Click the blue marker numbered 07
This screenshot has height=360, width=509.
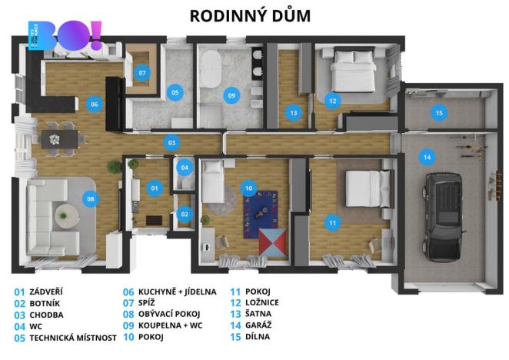point(142,72)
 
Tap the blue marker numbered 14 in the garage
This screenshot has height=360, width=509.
point(426,158)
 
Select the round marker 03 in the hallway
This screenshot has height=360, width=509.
point(172,142)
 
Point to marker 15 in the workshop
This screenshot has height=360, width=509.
point(438,113)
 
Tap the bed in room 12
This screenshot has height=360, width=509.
point(352,73)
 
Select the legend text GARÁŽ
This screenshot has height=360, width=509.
point(259,325)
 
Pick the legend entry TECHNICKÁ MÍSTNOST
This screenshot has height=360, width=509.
point(73,337)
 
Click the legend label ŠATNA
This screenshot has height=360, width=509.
point(258,315)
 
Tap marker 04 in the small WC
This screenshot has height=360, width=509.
point(184,167)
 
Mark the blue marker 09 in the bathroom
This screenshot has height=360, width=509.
point(231,95)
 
